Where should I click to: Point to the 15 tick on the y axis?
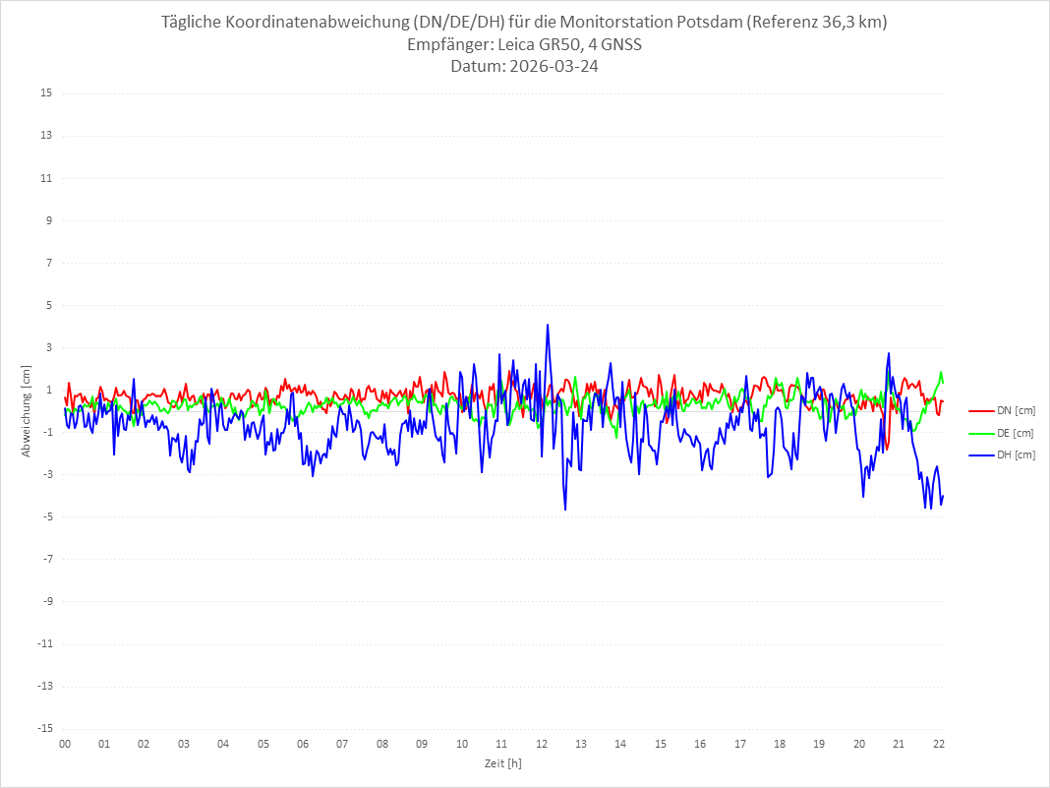coord(46,93)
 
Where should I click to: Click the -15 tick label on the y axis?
coord(44,729)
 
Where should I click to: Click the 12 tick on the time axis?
coord(542,744)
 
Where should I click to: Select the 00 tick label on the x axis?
coord(65,744)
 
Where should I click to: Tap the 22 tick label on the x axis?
coord(939,744)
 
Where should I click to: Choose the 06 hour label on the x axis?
coord(303,744)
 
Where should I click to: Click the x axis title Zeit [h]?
coord(502,763)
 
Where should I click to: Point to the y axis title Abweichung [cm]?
coord(27,410)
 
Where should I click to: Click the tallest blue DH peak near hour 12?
coord(548,325)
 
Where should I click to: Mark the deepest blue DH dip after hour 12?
coord(565,509)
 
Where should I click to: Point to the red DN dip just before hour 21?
coord(887,449)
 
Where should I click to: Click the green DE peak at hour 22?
coord(941,372)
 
